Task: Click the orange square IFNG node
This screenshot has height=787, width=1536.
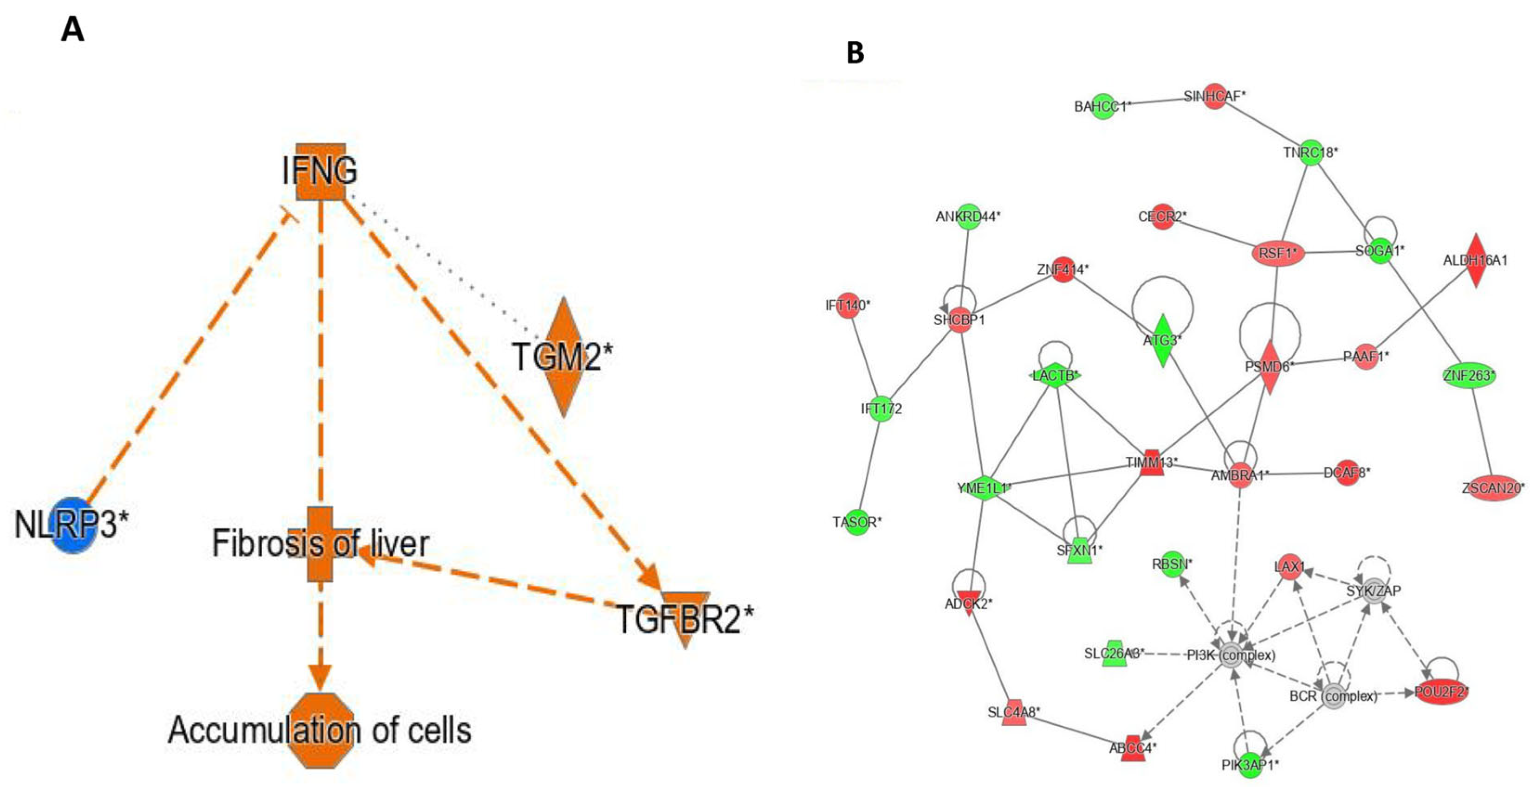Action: pos(321,172)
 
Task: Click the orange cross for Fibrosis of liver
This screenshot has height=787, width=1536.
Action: pos(321,544)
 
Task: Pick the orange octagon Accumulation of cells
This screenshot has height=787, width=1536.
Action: pos(321,730)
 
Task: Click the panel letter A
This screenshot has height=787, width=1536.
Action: pos(73,29)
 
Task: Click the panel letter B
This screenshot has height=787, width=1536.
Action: pos(855,53)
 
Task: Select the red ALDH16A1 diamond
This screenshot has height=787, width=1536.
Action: pos(1475,260)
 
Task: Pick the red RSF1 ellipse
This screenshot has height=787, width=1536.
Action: pos(1277,253)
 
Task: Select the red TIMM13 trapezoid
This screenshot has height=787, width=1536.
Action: pos(1151,463)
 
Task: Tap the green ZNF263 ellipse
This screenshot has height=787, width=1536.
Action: pos(1469,375)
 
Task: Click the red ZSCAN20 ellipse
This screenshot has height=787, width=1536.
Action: pos(1492,488)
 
